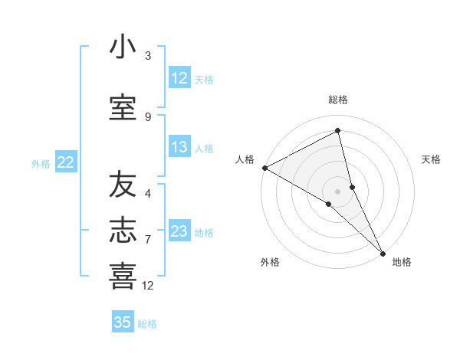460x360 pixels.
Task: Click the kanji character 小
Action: click(123, 47)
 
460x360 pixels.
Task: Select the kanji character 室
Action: click(123, 107)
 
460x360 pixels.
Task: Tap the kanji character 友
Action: click(123, 185)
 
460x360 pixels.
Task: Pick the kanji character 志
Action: click(123, 231)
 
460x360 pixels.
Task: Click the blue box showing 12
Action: click(179, 78)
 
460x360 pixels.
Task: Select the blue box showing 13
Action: click(179, 148)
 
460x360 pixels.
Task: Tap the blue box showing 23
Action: click(179, 231)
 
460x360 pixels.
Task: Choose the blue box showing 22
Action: click(66, 162)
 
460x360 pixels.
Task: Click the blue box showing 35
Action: click(123, 322)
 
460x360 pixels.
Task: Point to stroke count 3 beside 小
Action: click(148, 56)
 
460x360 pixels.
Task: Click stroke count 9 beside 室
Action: click(148, 116)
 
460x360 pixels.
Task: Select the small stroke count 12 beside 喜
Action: click(148, 286)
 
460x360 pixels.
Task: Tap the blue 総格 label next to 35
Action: click(147, 324)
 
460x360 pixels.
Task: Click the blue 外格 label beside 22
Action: click(41, 163)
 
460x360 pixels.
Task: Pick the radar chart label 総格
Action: click(338, 100)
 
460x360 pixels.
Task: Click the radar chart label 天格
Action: click(431, 159)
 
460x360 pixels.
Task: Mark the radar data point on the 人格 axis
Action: click(264, 168)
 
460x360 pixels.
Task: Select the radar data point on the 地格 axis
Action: click(383, 251)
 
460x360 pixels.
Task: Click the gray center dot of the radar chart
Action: click(337, 191)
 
